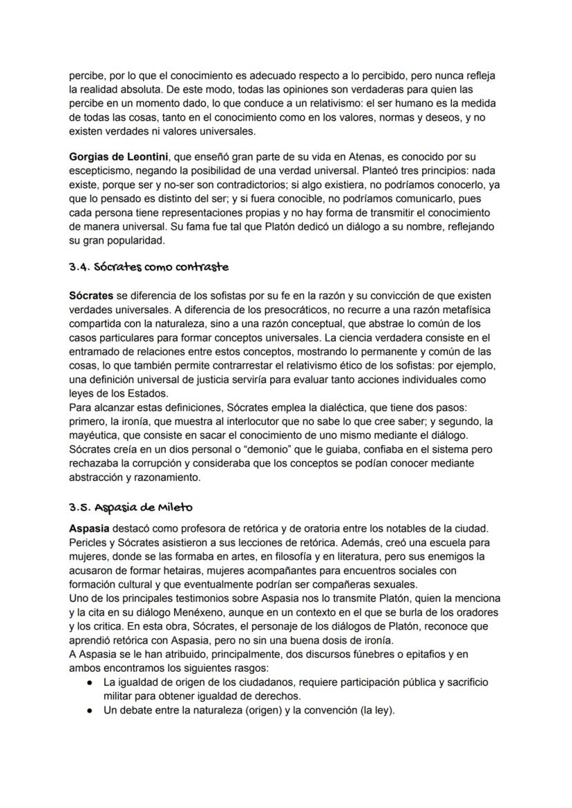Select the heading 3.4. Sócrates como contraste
tap(149, 267)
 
